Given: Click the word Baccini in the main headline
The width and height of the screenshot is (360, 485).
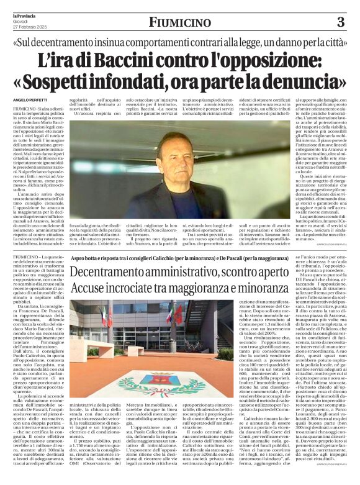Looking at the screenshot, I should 140,60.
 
